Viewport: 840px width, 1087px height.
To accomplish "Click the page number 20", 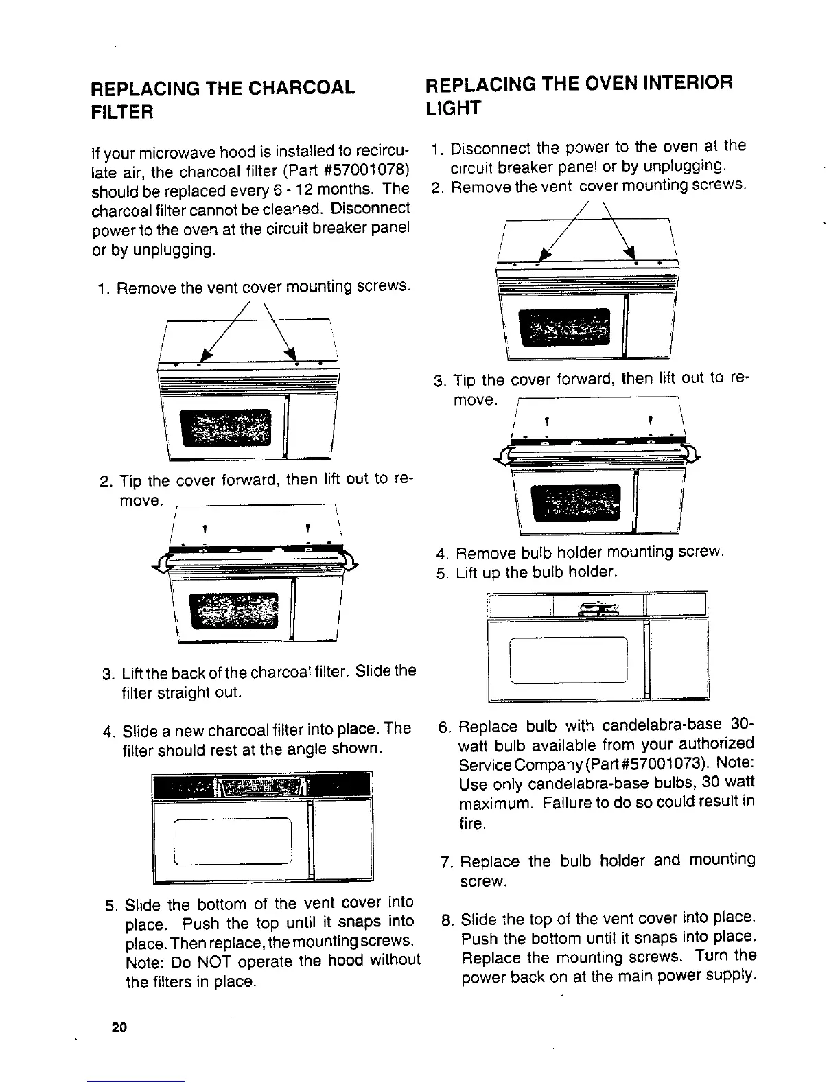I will (118, 1028).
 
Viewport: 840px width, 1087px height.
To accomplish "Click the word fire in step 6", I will (472, 823).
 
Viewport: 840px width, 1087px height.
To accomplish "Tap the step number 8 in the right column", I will (446, 920).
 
